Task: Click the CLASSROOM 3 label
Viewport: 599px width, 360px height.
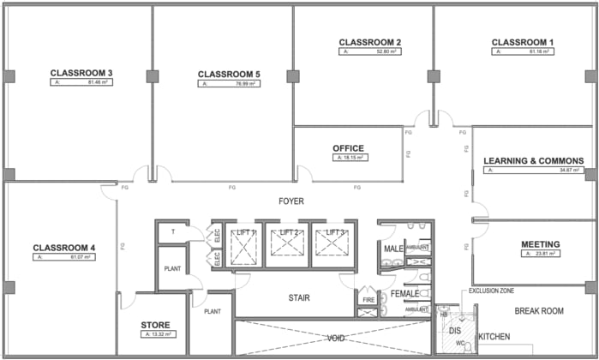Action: pyautogui.click(x=81, y=72)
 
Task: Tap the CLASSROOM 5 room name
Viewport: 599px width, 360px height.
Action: pyautogui.click(x=228, y=74)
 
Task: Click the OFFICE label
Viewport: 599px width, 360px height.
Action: pyautogui.click(x=348, y=148)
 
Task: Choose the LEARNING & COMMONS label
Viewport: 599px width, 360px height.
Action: pyautogui.click(x=533, y=160)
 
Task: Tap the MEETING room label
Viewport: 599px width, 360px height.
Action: pyautogui.click(x=541, y=244)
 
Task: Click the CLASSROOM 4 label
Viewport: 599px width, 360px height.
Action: pyautogui.click(x=63, y=249)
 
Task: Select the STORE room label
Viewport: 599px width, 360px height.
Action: pyautogui.click(x=155, y=325)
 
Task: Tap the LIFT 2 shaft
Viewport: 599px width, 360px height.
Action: pyautogui.click(x=289, y=244)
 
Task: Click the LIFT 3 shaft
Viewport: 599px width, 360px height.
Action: pyautogui.click(x=332, y=244)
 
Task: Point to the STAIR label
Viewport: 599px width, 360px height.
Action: pyautogui.click(x=298, y=298)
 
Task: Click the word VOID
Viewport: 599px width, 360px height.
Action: pyautogui.click(x=337, y=339)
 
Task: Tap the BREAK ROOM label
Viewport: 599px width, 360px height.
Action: pyautogui.click(x=538, y=311)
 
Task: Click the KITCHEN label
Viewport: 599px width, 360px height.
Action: pyautogui.click(x=494, y=336)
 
